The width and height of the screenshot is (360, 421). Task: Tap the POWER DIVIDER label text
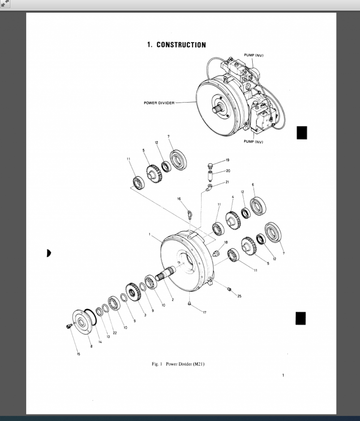[x=159, y=103]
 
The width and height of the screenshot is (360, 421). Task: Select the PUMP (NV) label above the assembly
[x=254, y=55]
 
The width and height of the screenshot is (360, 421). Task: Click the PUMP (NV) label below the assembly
[x=254, y=142]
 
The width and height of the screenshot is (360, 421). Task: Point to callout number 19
[x=227, y=160]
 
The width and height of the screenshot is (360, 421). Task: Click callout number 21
[x=227, y=182]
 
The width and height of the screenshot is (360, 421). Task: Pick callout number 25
[x=240, y=295]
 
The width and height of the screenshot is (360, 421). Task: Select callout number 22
[x=114, y=332]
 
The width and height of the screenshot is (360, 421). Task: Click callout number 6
[x=253, y=185]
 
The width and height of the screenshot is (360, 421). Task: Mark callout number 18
[x=225, y=242]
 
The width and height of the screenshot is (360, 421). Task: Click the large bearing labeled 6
[x=258, y=207]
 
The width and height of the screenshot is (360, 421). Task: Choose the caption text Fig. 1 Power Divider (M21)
[x=179, y=364]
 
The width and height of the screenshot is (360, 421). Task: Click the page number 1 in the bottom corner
[x=283, y=375]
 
